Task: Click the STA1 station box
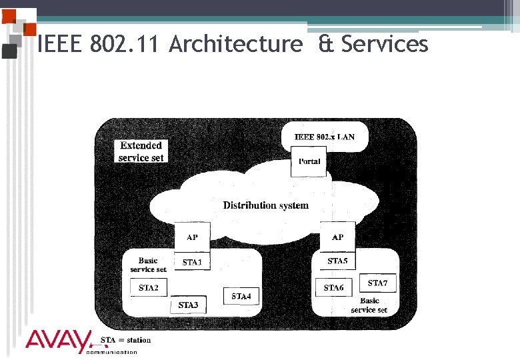pyautogui.click(x=192, y=261)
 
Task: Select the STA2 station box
pyautogui.click(x=149, y=287)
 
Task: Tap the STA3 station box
pyautogui.click(x=188, y=305)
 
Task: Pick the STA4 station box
pyautogui.click(x=241, y=295)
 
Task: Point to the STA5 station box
pyautogui.click(x=337, y=261)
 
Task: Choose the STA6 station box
pyautogui.click(x=333, y=287)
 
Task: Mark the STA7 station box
pyautogui.click(x=377, y=283)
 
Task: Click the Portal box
pyautogui.click(x=309, y=161)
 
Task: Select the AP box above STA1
pyautogui.click(x=192, y=237)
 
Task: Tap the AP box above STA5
pyautogui.click(x=337, y=237)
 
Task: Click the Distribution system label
pyautogui.click(x=265, y=205)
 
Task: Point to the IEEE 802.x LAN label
pyautogui.click(x=325, y=137)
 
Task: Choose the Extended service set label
pyautogui.click(x=141, y=151)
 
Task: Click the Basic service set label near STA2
pyautogui.click(x=148, y=265)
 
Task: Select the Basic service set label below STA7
pyautogui.click(x=369, y=305)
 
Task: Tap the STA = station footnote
pyautogui.click(x=125, y=340)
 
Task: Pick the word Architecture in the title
pyautogui.click(x=235, y=45)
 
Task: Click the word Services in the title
pyautogui.click(x=384, y=45)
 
